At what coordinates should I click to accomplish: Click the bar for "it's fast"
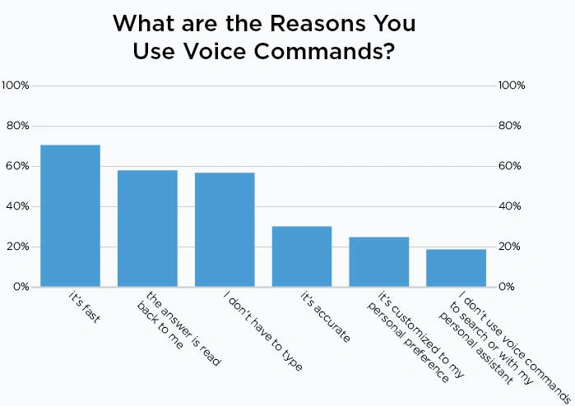point(70,215)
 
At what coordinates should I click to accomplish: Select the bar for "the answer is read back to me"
point(147,228)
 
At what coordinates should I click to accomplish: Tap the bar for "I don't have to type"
point(225,229)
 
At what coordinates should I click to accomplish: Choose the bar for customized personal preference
point(378,261)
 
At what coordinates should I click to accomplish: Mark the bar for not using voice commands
point(456,268)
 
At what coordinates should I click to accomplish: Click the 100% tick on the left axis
point(16,85)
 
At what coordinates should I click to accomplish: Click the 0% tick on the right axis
point(508,287)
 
